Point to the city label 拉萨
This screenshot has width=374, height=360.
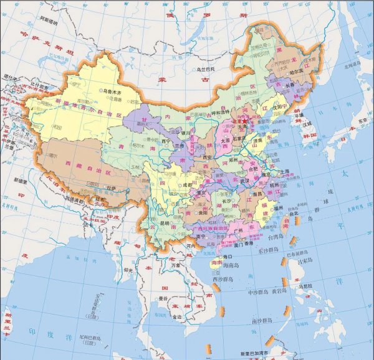(112, 187)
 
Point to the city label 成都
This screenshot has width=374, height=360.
(186, 184)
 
